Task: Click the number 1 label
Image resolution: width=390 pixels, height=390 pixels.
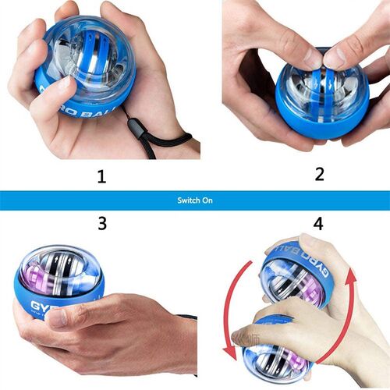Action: coord(101,176)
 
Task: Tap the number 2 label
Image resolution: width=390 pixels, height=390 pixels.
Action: coord(318,172)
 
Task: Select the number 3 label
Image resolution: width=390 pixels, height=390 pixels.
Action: coord(101,223)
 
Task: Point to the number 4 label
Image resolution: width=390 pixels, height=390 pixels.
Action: coord(318,223)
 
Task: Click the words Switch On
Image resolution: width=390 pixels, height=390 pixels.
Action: coord(194,200)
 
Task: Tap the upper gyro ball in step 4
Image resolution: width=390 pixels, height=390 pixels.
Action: coord(296,269)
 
